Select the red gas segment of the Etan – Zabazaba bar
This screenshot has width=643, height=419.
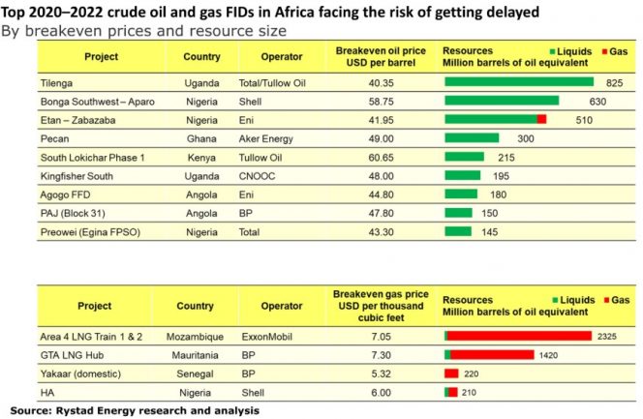[x=541, y=119]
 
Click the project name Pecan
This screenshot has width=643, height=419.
[x=56, y=138]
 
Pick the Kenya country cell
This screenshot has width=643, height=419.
[x=200, y=157]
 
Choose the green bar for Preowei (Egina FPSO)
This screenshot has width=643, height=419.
[x=458, y=230]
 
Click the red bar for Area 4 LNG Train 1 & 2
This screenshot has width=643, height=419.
[x=520, y=336]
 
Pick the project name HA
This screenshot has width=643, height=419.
[x=46, y=392]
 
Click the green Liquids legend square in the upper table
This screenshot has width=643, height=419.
[x=552, y=50]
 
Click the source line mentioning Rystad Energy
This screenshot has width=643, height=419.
[x=136, y=410]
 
